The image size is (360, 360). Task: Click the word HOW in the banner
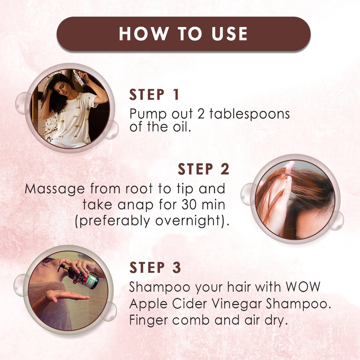coord(144,34)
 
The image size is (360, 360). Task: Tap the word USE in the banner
coord(229,34)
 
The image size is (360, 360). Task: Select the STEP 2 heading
coord(204,169)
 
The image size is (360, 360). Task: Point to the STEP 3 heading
coord(155,268)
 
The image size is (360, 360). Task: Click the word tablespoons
coord(250,114)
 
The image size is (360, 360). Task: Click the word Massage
coord(55,189)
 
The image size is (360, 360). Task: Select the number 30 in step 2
coord(189,205)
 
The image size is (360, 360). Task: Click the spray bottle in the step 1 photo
coord(80,78)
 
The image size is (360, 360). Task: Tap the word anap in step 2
coord(135,205)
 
